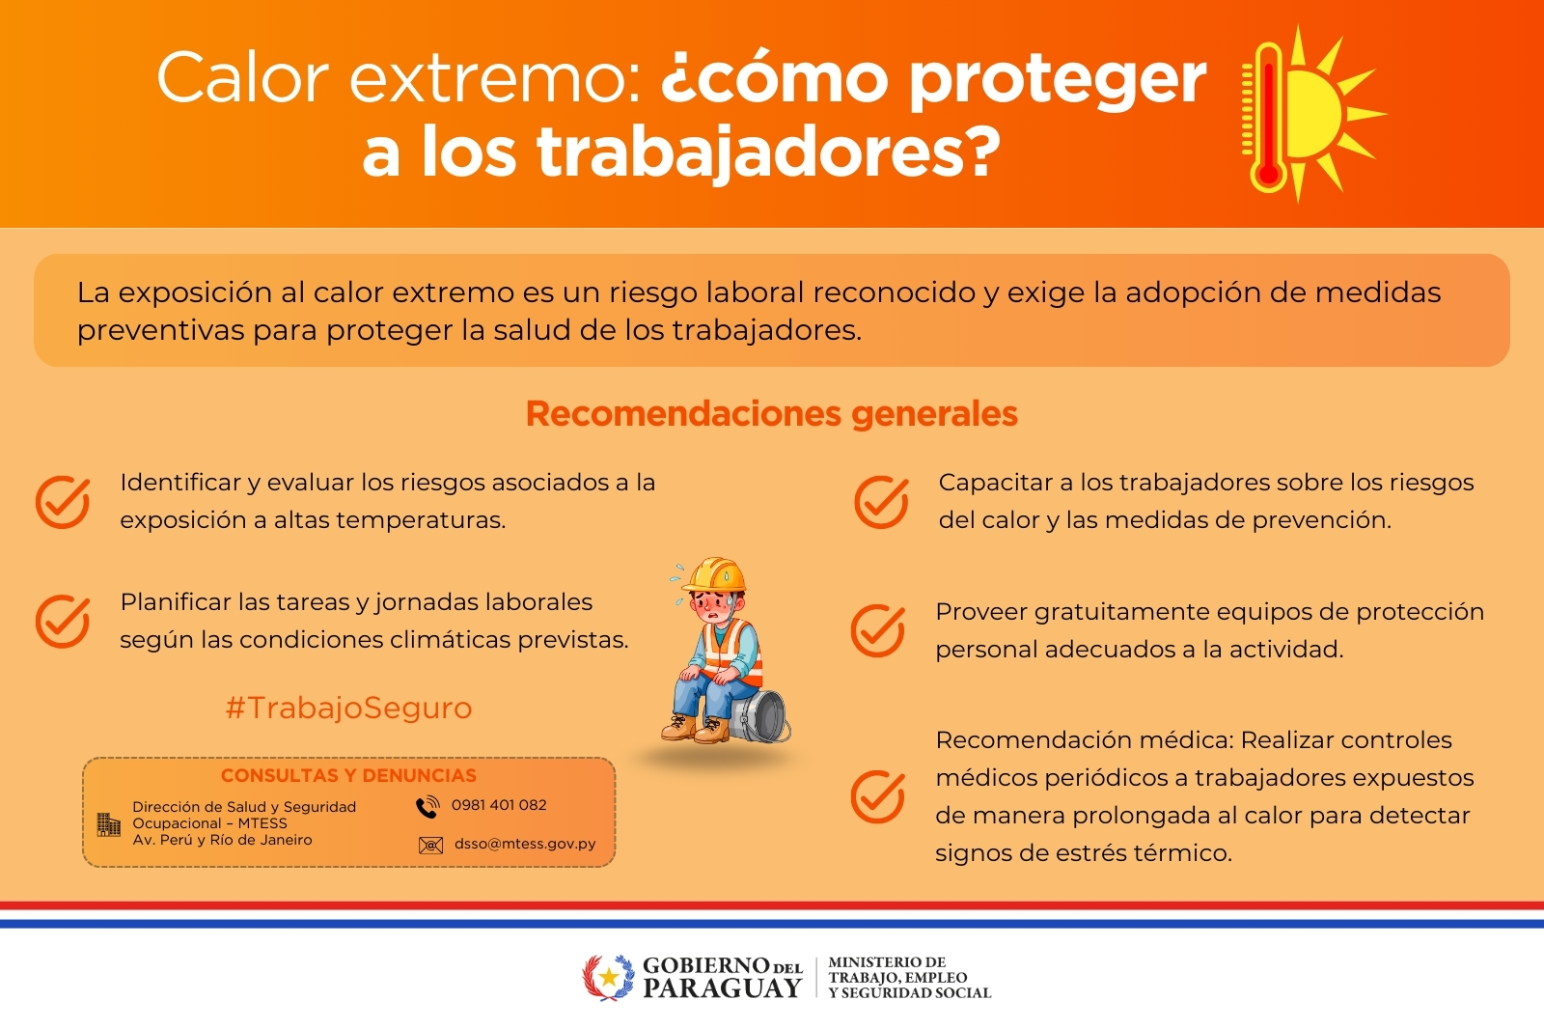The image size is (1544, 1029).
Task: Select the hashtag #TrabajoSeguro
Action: coord(348,708)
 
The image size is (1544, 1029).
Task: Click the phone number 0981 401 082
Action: coord(498,805)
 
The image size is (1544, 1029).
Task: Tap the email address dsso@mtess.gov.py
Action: coord(525,844)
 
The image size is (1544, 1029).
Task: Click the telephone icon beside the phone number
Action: coord(427,807)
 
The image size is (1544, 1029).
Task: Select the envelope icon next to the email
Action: coord(430,846)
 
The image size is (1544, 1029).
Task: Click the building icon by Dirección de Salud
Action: coord(109,824)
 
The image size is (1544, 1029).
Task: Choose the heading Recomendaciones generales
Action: coord(771,413)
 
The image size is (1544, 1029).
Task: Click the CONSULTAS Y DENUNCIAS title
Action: coord(348,775)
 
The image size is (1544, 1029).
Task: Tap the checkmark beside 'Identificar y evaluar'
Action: coord(63,501)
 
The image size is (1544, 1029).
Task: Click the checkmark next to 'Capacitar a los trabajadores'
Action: coord(881,501)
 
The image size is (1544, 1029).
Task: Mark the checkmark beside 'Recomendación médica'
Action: coord(877,796)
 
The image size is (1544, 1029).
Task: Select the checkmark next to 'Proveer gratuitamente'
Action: coord(877,630)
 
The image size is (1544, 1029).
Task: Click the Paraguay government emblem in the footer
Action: coord(608,978)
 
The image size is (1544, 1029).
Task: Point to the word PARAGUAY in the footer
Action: coord(722,988)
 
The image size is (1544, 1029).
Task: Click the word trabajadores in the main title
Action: coord(752,153)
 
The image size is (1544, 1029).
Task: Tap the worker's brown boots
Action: coord(696,728)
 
